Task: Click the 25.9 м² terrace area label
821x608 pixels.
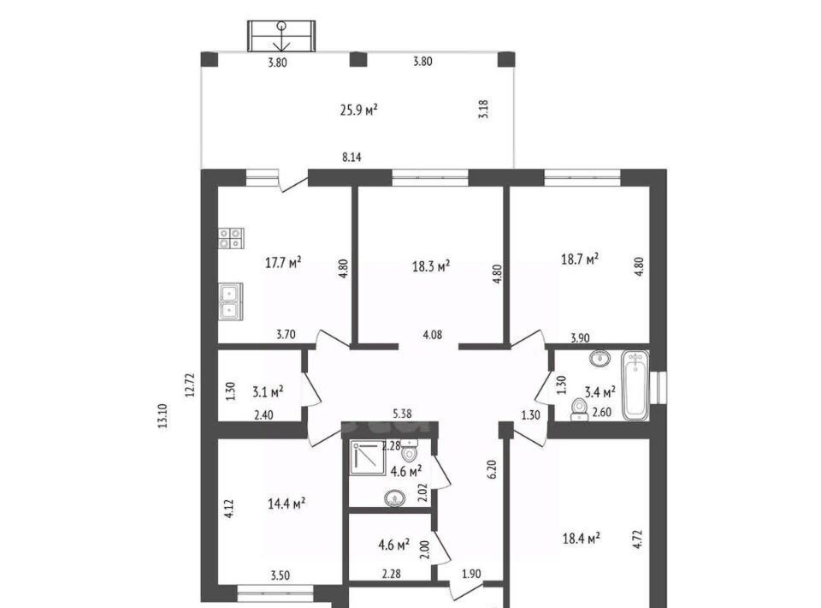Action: click(x=358, y=110)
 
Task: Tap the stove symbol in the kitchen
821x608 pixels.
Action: click(x=231, y=238)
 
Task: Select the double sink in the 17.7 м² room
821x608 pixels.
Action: click(x=230, y=301)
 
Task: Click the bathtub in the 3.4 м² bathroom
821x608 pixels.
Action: click(x=635, y=385)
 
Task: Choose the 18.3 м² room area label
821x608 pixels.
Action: click(x=431, y=266)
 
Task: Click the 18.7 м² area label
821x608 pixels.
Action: click(x=580, y=259)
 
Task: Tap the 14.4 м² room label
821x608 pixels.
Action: click(x=286, y=504)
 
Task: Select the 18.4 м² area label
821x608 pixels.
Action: click(x=582, y=538)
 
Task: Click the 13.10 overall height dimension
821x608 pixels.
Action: click(x=162, y=415)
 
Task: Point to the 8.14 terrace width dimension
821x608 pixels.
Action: click(x=351, y=157)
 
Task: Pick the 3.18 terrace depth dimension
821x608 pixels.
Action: click(x=483, y=109)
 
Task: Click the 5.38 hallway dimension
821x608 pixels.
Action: click(x=402, y=414)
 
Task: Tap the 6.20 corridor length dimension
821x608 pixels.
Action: click(x=491, y=469)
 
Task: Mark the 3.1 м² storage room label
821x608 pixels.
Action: click(x=268, y=391)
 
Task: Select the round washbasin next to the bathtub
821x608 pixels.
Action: click(x=600, y=358)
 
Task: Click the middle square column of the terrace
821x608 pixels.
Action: click(x=358, y=59)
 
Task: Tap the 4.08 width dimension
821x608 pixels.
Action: click(x=433, y=334)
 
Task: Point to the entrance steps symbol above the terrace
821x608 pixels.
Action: click(x=281, y=36)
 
